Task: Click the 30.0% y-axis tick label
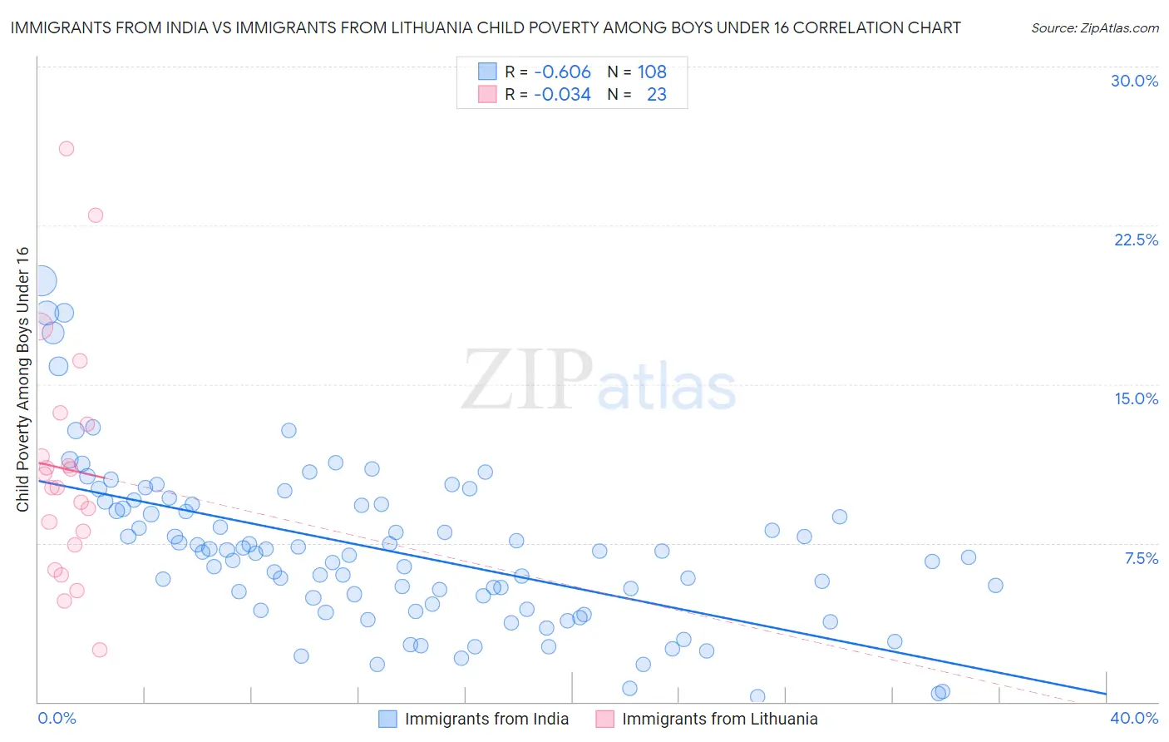[x=1134, y=81]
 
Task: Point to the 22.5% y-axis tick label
[x=1136, y=240]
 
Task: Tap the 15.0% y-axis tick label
[x=1136, y=398]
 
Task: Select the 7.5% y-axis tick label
[x=1141, y=558]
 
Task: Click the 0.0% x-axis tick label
[x=57, y=718]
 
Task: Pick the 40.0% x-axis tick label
[x=1133, y=718]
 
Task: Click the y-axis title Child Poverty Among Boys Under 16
[x=22, y=379]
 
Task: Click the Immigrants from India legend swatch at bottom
[x=387, y=719]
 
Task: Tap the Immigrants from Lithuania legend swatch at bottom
[x=604, y=719]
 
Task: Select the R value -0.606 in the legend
[x=562, y=72]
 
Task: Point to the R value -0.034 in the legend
[x=562, y=94]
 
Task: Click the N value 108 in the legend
[x=652, y=72]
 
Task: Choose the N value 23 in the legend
[x=656, y=94]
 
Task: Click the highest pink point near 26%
[x=67, y=149]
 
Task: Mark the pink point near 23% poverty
[x=96, y=215]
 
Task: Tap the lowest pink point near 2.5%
[x=100, y=650]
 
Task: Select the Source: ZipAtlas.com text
[x=1094, y=27]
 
